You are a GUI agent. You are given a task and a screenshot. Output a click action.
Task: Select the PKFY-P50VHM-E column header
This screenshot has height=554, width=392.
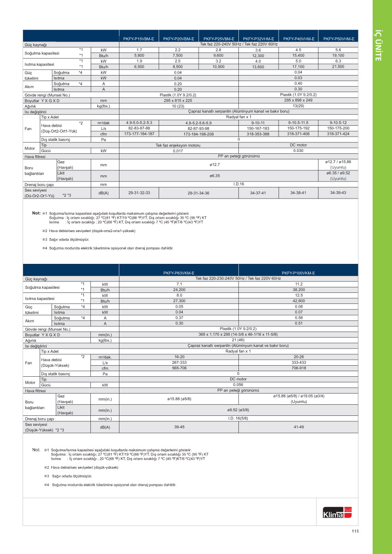pos(339,39)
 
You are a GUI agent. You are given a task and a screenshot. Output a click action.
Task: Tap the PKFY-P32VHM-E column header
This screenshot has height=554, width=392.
pos(258,39)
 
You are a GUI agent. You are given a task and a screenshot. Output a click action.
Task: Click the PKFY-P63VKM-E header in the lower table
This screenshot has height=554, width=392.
pos(178,273)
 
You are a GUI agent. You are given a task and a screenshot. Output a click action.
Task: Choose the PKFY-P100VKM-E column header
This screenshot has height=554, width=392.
pos(298,273)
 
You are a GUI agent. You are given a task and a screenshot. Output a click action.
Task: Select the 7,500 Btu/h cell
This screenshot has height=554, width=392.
pos(178,55)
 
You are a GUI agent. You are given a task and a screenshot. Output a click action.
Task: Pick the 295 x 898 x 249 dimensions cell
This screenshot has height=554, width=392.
pos(298,100)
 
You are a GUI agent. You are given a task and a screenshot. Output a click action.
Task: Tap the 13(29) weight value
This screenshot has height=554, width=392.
pos(298,106)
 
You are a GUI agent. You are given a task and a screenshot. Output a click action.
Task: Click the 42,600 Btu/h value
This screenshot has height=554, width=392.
pos(298,301)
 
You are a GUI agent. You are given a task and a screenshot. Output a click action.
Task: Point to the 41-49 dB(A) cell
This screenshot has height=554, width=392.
pos(298,427)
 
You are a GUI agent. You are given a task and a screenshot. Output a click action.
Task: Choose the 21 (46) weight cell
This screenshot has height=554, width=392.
pos(238,340)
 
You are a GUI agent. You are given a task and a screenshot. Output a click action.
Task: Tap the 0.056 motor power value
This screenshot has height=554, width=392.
pos(238,385)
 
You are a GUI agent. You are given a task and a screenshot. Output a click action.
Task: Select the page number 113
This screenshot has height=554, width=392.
pos(355,531)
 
